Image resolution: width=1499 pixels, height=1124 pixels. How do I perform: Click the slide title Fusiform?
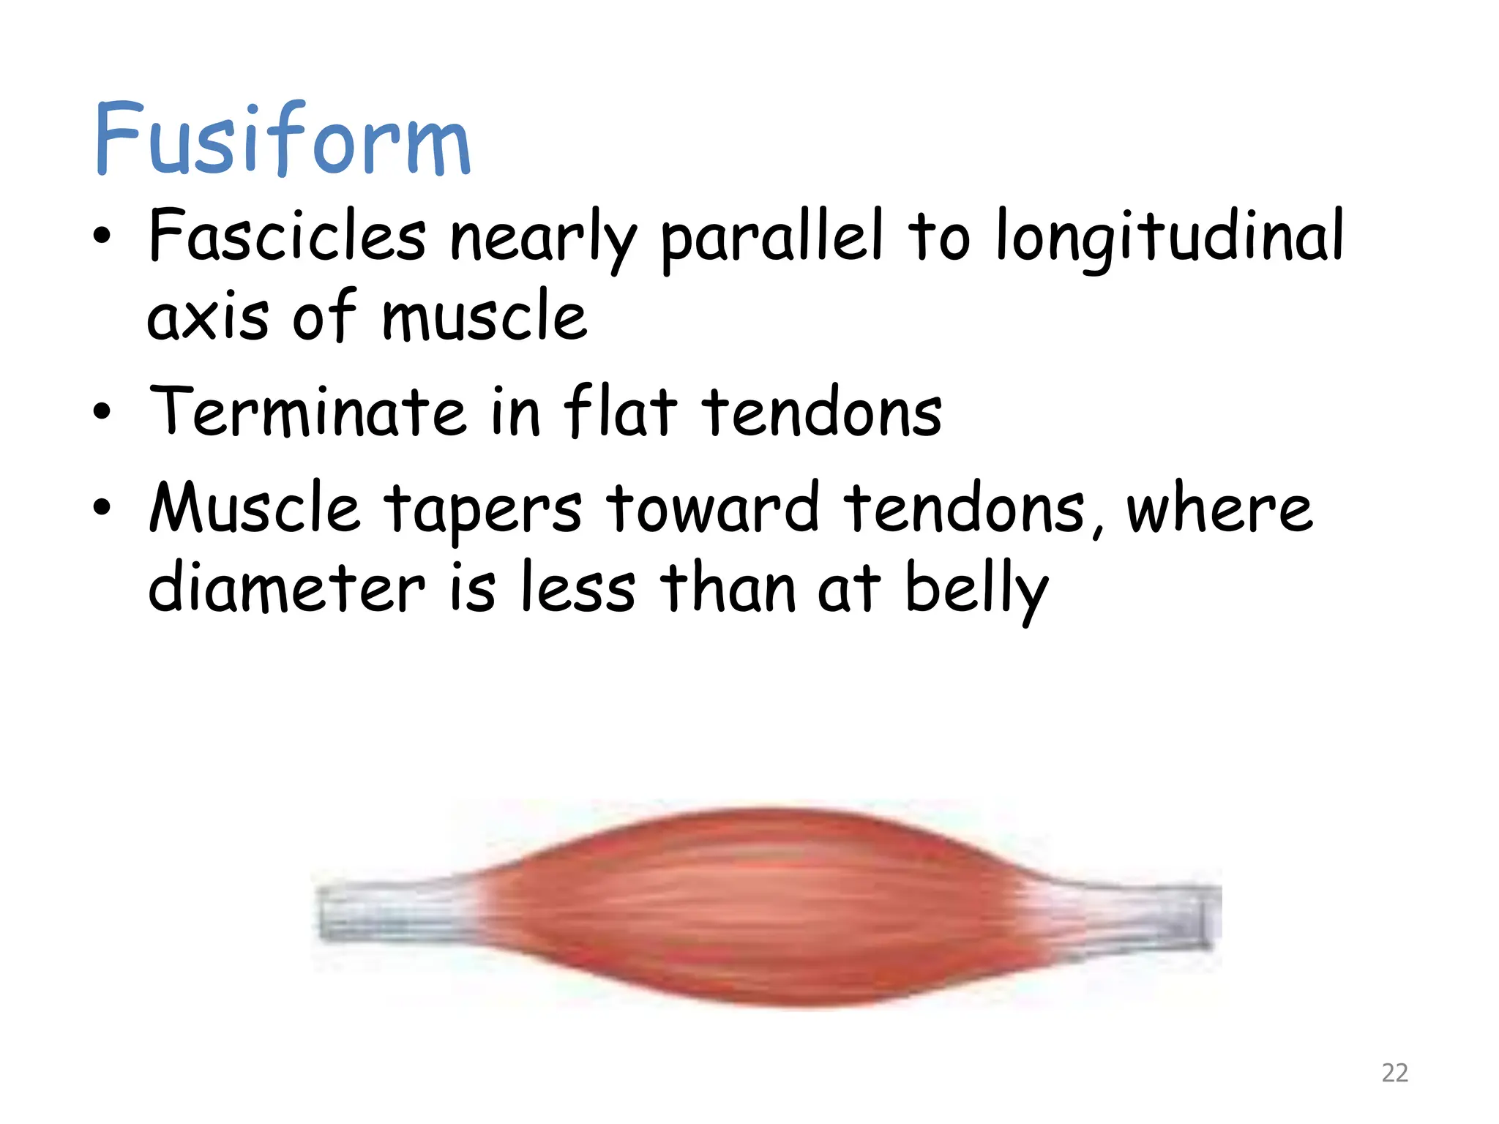tap(282, 139)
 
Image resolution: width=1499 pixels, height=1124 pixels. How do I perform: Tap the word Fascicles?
tap(287, 236)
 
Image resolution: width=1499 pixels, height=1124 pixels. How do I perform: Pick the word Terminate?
tap(307, 412)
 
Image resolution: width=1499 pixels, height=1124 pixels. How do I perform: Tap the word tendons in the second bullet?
tap(822, 412)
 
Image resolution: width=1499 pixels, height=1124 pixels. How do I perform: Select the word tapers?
tap(483, 510)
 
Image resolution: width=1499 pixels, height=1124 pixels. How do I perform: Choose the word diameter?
tap(286, 589)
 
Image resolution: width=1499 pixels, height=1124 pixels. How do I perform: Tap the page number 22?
tap(1394, 1073)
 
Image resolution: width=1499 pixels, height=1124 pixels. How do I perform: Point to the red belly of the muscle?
tap(761, 907)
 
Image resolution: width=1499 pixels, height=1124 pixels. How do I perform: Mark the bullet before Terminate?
tap(102, 412)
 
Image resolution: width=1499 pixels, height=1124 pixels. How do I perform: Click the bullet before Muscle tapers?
tap(102, 507)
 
